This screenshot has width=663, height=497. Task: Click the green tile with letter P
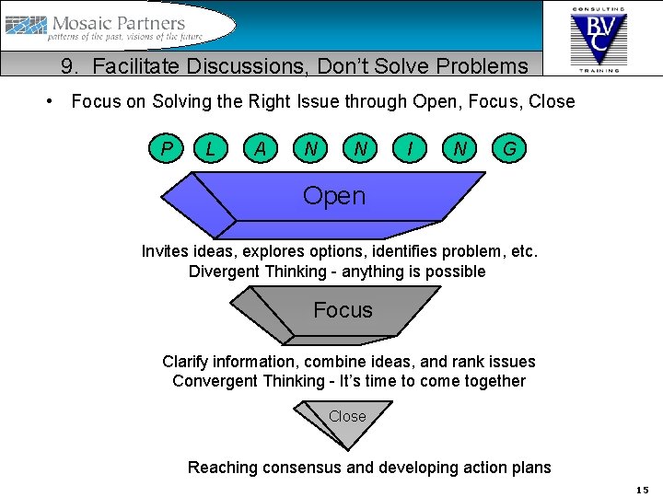(166, 148)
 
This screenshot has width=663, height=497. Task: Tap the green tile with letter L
(212, 148)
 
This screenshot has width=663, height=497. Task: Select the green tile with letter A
(262, 148)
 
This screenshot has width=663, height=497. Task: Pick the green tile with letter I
(409, 148)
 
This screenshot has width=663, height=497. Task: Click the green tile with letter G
(508, 148)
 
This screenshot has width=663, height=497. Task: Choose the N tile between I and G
(459, 148)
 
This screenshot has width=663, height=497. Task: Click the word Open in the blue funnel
(333, 196)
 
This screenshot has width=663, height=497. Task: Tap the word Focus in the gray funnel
(343, 310)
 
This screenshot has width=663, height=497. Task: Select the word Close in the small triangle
(347, 416)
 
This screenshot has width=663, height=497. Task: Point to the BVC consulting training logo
(599, 37)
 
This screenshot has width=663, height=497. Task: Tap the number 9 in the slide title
(67, 66)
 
